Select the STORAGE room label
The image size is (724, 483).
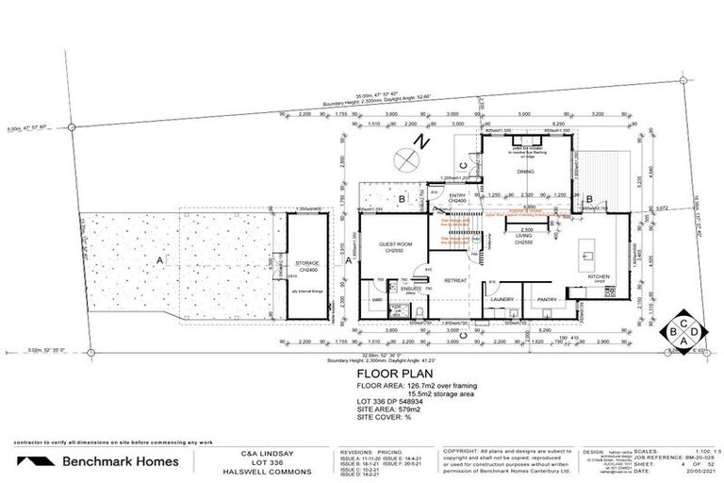point(304,264)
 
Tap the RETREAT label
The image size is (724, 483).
point(456,280)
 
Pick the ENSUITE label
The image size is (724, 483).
point(411,288)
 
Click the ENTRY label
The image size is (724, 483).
point(458,197)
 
